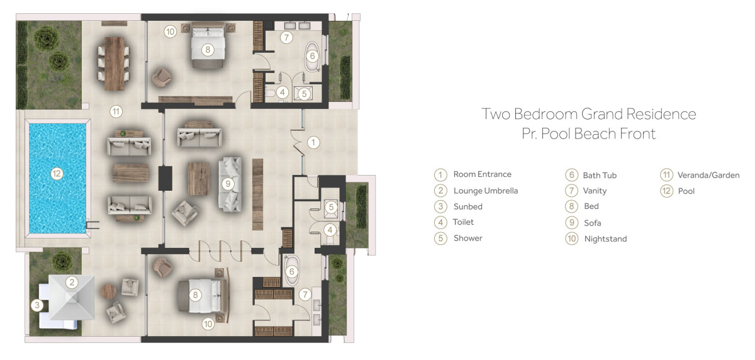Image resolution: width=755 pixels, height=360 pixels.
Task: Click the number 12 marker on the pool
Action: click(56, 174)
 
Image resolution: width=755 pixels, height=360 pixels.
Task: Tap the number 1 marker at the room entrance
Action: click(313, 143)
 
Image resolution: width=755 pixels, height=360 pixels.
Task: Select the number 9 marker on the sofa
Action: click(228, 184)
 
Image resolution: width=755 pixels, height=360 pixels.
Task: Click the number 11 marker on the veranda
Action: click(116, 111)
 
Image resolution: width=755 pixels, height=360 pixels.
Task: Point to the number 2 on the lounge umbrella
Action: click(72, 282)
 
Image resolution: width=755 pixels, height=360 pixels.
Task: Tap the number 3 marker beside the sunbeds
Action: click(37, 305)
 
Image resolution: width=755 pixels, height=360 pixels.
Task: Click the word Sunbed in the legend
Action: click(468, 206)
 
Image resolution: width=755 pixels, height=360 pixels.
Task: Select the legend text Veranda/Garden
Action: click(708, 176)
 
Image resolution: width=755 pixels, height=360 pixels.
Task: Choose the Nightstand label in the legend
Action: click(606, 239)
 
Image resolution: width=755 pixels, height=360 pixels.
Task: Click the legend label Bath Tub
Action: click(600, 176)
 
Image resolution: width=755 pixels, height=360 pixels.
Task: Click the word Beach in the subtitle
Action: click(595, 133)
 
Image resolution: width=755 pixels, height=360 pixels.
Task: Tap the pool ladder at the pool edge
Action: click(92, 225)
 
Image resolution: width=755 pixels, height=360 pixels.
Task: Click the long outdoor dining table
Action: click(115, 64)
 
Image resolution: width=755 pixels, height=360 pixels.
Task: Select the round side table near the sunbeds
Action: click(108, 291)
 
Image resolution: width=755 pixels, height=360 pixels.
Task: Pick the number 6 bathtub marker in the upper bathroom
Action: click(313, 56)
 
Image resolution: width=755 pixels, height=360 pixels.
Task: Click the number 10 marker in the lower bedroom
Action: click(208, 324)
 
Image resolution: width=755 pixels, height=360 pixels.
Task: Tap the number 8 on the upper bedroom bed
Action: click(208, 50)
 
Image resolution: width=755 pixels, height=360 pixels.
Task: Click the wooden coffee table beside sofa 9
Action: click(199, 179)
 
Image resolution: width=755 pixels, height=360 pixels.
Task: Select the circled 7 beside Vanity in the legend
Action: click(572, 191)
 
